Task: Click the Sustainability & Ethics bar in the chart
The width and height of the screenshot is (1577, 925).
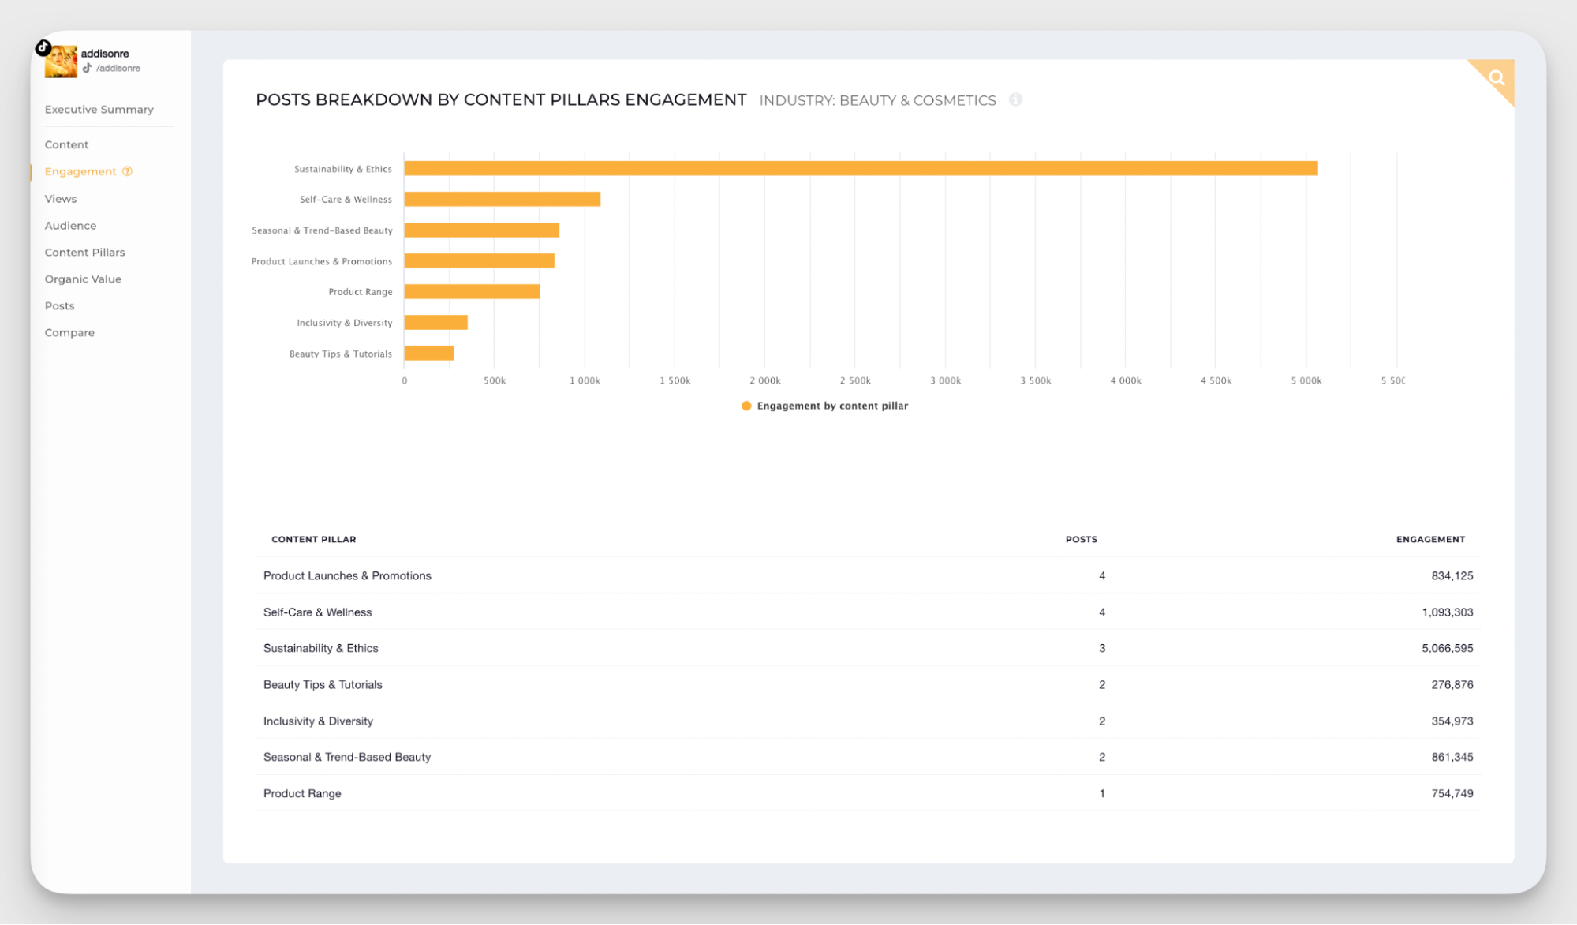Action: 860,168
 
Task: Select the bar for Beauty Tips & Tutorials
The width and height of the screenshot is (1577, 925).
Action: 429,354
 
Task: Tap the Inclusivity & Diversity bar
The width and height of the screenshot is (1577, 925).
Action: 435,322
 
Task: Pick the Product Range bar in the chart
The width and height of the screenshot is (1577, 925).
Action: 472,291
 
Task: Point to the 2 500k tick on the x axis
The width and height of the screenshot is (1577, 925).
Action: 855,380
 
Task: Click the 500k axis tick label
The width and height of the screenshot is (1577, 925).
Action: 495,380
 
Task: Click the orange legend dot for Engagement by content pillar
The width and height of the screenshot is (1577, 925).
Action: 746,406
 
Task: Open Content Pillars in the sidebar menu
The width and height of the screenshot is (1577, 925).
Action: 84,253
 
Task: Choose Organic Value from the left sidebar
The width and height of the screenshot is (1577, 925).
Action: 83,279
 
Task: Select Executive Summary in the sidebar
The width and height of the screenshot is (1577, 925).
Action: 99,110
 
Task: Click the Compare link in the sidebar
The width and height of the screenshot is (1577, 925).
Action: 69,333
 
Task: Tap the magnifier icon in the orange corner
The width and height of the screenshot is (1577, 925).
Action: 1497,77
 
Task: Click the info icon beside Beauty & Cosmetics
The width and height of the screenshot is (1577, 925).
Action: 1015,99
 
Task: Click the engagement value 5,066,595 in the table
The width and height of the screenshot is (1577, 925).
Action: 1447,648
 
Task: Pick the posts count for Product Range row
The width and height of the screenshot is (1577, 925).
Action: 1101,793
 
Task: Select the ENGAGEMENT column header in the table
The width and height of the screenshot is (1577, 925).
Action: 1429,539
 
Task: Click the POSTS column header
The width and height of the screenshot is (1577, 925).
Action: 1081,539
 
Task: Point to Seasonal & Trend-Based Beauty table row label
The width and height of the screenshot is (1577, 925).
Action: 347,757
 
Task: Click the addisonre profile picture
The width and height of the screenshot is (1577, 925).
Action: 61,62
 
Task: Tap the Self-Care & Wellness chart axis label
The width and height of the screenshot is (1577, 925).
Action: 346,200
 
